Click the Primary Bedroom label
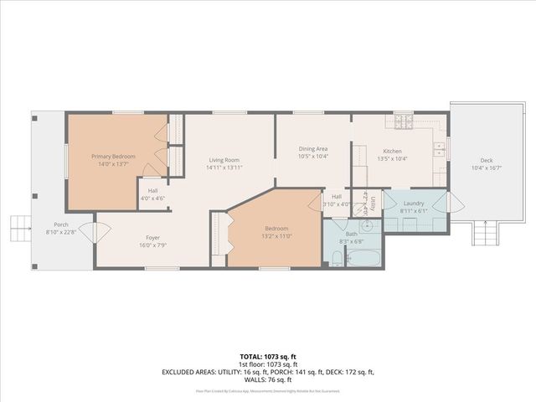click(x=113, y=157)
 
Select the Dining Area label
click(x=313, y=149)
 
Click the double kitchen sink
click(x=439, y=151)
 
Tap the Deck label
click(x=486, y=161)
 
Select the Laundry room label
click(x=414, y=204)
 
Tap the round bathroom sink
click(x=366, y=226)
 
